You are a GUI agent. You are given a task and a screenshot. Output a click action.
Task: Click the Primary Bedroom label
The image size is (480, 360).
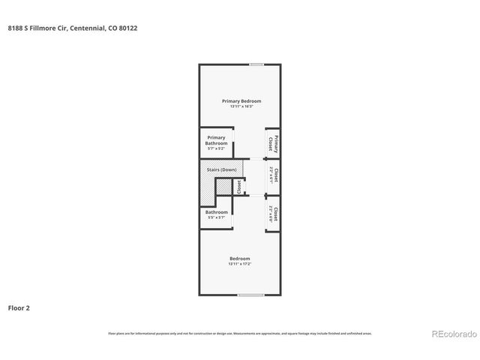pos(240,100)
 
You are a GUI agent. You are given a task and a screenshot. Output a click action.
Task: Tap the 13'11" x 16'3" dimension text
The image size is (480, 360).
pos(240,106)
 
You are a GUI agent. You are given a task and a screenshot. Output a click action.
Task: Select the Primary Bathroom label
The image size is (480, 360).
pos(217,140)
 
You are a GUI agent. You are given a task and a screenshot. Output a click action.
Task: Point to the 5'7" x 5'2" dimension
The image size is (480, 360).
pos(217,148)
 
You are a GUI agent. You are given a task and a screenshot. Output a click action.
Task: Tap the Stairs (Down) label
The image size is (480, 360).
pos(222,170)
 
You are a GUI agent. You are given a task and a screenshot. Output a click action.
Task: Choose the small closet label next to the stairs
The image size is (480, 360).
pos(239,186)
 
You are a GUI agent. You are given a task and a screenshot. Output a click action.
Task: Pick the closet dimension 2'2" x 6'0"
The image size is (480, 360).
pos(271,217)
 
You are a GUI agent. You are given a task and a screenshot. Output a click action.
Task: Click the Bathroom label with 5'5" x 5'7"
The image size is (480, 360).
pos(217,212)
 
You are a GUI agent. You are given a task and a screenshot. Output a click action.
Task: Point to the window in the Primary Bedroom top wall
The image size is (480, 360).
pos(256,64)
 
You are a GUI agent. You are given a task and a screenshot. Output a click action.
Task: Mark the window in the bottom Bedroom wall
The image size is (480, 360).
pos(249,295)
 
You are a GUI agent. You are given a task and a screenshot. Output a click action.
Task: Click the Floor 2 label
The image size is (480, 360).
pos(19,307)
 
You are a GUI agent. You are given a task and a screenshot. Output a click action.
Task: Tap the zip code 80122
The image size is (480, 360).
pos(128,28)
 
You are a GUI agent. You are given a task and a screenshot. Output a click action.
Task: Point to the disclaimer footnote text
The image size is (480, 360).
pos(240,333)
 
